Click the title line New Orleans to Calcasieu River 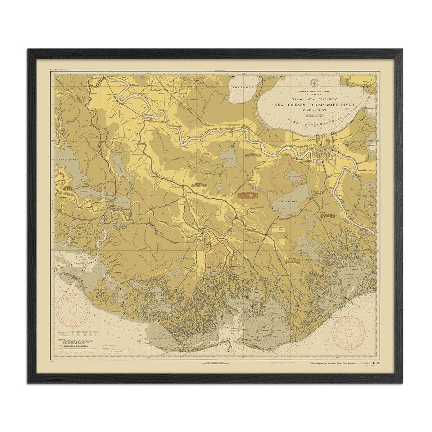coord(314,104)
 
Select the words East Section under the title coord(314,110)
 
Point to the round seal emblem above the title coord(314,83)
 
